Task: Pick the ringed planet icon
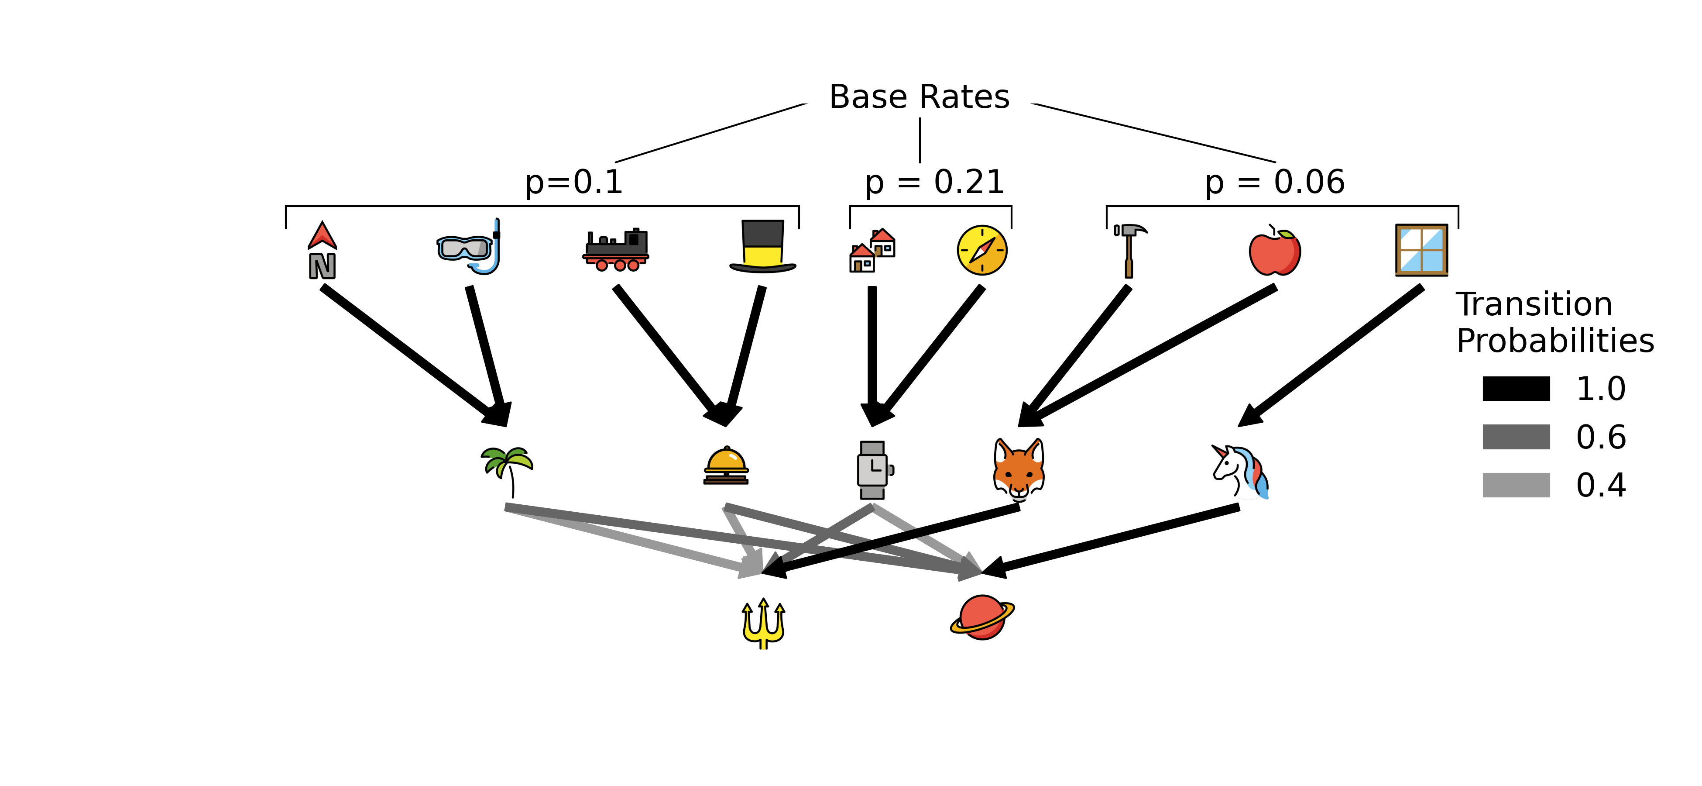(x=982, y=617)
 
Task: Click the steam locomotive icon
(x=616, y=250)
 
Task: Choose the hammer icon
(x=1129, y=250)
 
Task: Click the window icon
(x=1421, y=250)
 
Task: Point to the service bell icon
(x=726, y=466)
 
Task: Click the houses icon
(x=872, y=251)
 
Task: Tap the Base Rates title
(x=919, y=97)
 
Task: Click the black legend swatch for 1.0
(x=1516, y=389)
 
